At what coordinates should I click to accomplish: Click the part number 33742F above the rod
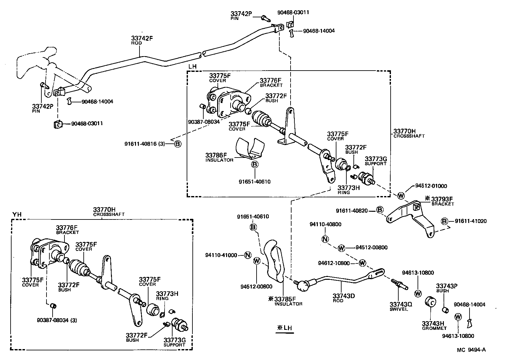142,38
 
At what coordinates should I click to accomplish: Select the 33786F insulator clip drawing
250,148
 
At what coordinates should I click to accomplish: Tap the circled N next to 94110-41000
247,255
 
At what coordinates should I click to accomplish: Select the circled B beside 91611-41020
444,221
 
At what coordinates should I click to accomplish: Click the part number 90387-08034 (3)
57,320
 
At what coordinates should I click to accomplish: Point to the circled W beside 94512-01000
401,195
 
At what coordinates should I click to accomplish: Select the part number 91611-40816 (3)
144,144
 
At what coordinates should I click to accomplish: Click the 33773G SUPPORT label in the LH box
376,161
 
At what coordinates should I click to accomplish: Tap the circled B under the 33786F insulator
255,165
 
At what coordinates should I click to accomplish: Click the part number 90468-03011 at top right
293,13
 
